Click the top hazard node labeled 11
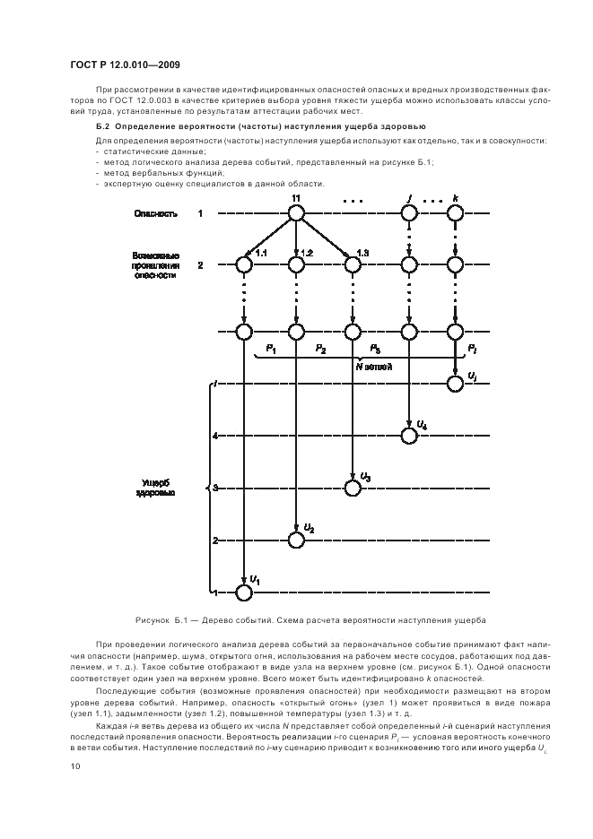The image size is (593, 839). click(x=296, y=213)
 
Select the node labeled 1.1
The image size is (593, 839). click(x=244, y=264)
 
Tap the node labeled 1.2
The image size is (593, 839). click(x=296, y=264)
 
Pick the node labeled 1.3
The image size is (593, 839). click(x=353, y=264)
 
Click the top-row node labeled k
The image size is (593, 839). click(x=456, y=213)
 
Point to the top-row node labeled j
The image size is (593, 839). click(x=409, y=213)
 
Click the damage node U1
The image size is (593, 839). click(x=244, y=592)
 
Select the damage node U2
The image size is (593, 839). click(x=296, y=540)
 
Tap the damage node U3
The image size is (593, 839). click(x=353, y=487)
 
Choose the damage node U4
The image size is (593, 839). click(x=409, y=436)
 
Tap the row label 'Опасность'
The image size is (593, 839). click(x=155, y=214)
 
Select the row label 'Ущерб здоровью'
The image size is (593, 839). click(x=155, y=488)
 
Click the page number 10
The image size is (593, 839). click(x=75, y=765)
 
